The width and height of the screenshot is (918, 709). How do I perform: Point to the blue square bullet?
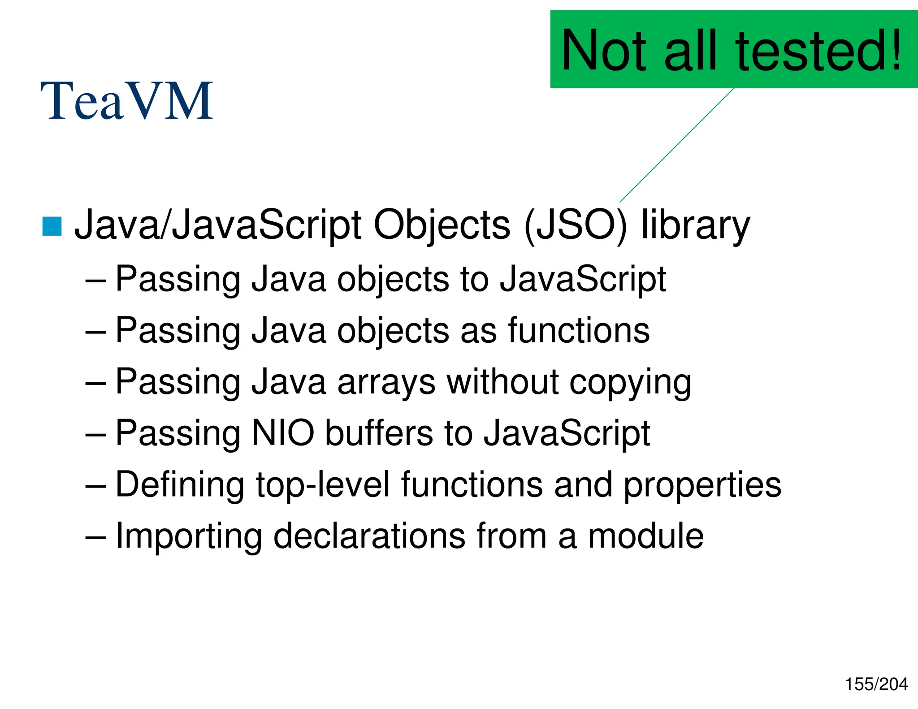point(52,226)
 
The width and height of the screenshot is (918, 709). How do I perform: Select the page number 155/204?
point(876,684)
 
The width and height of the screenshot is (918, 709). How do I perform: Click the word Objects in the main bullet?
point(442,225)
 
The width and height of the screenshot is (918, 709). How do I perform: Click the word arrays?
point(386,382)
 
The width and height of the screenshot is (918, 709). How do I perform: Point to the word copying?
point(630,383)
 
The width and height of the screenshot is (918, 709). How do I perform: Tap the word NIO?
point(283,433)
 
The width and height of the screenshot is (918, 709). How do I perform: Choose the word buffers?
point(379,433)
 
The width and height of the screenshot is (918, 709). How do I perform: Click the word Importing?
point(189,536)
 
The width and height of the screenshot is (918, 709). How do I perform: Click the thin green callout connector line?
point(677,145)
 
